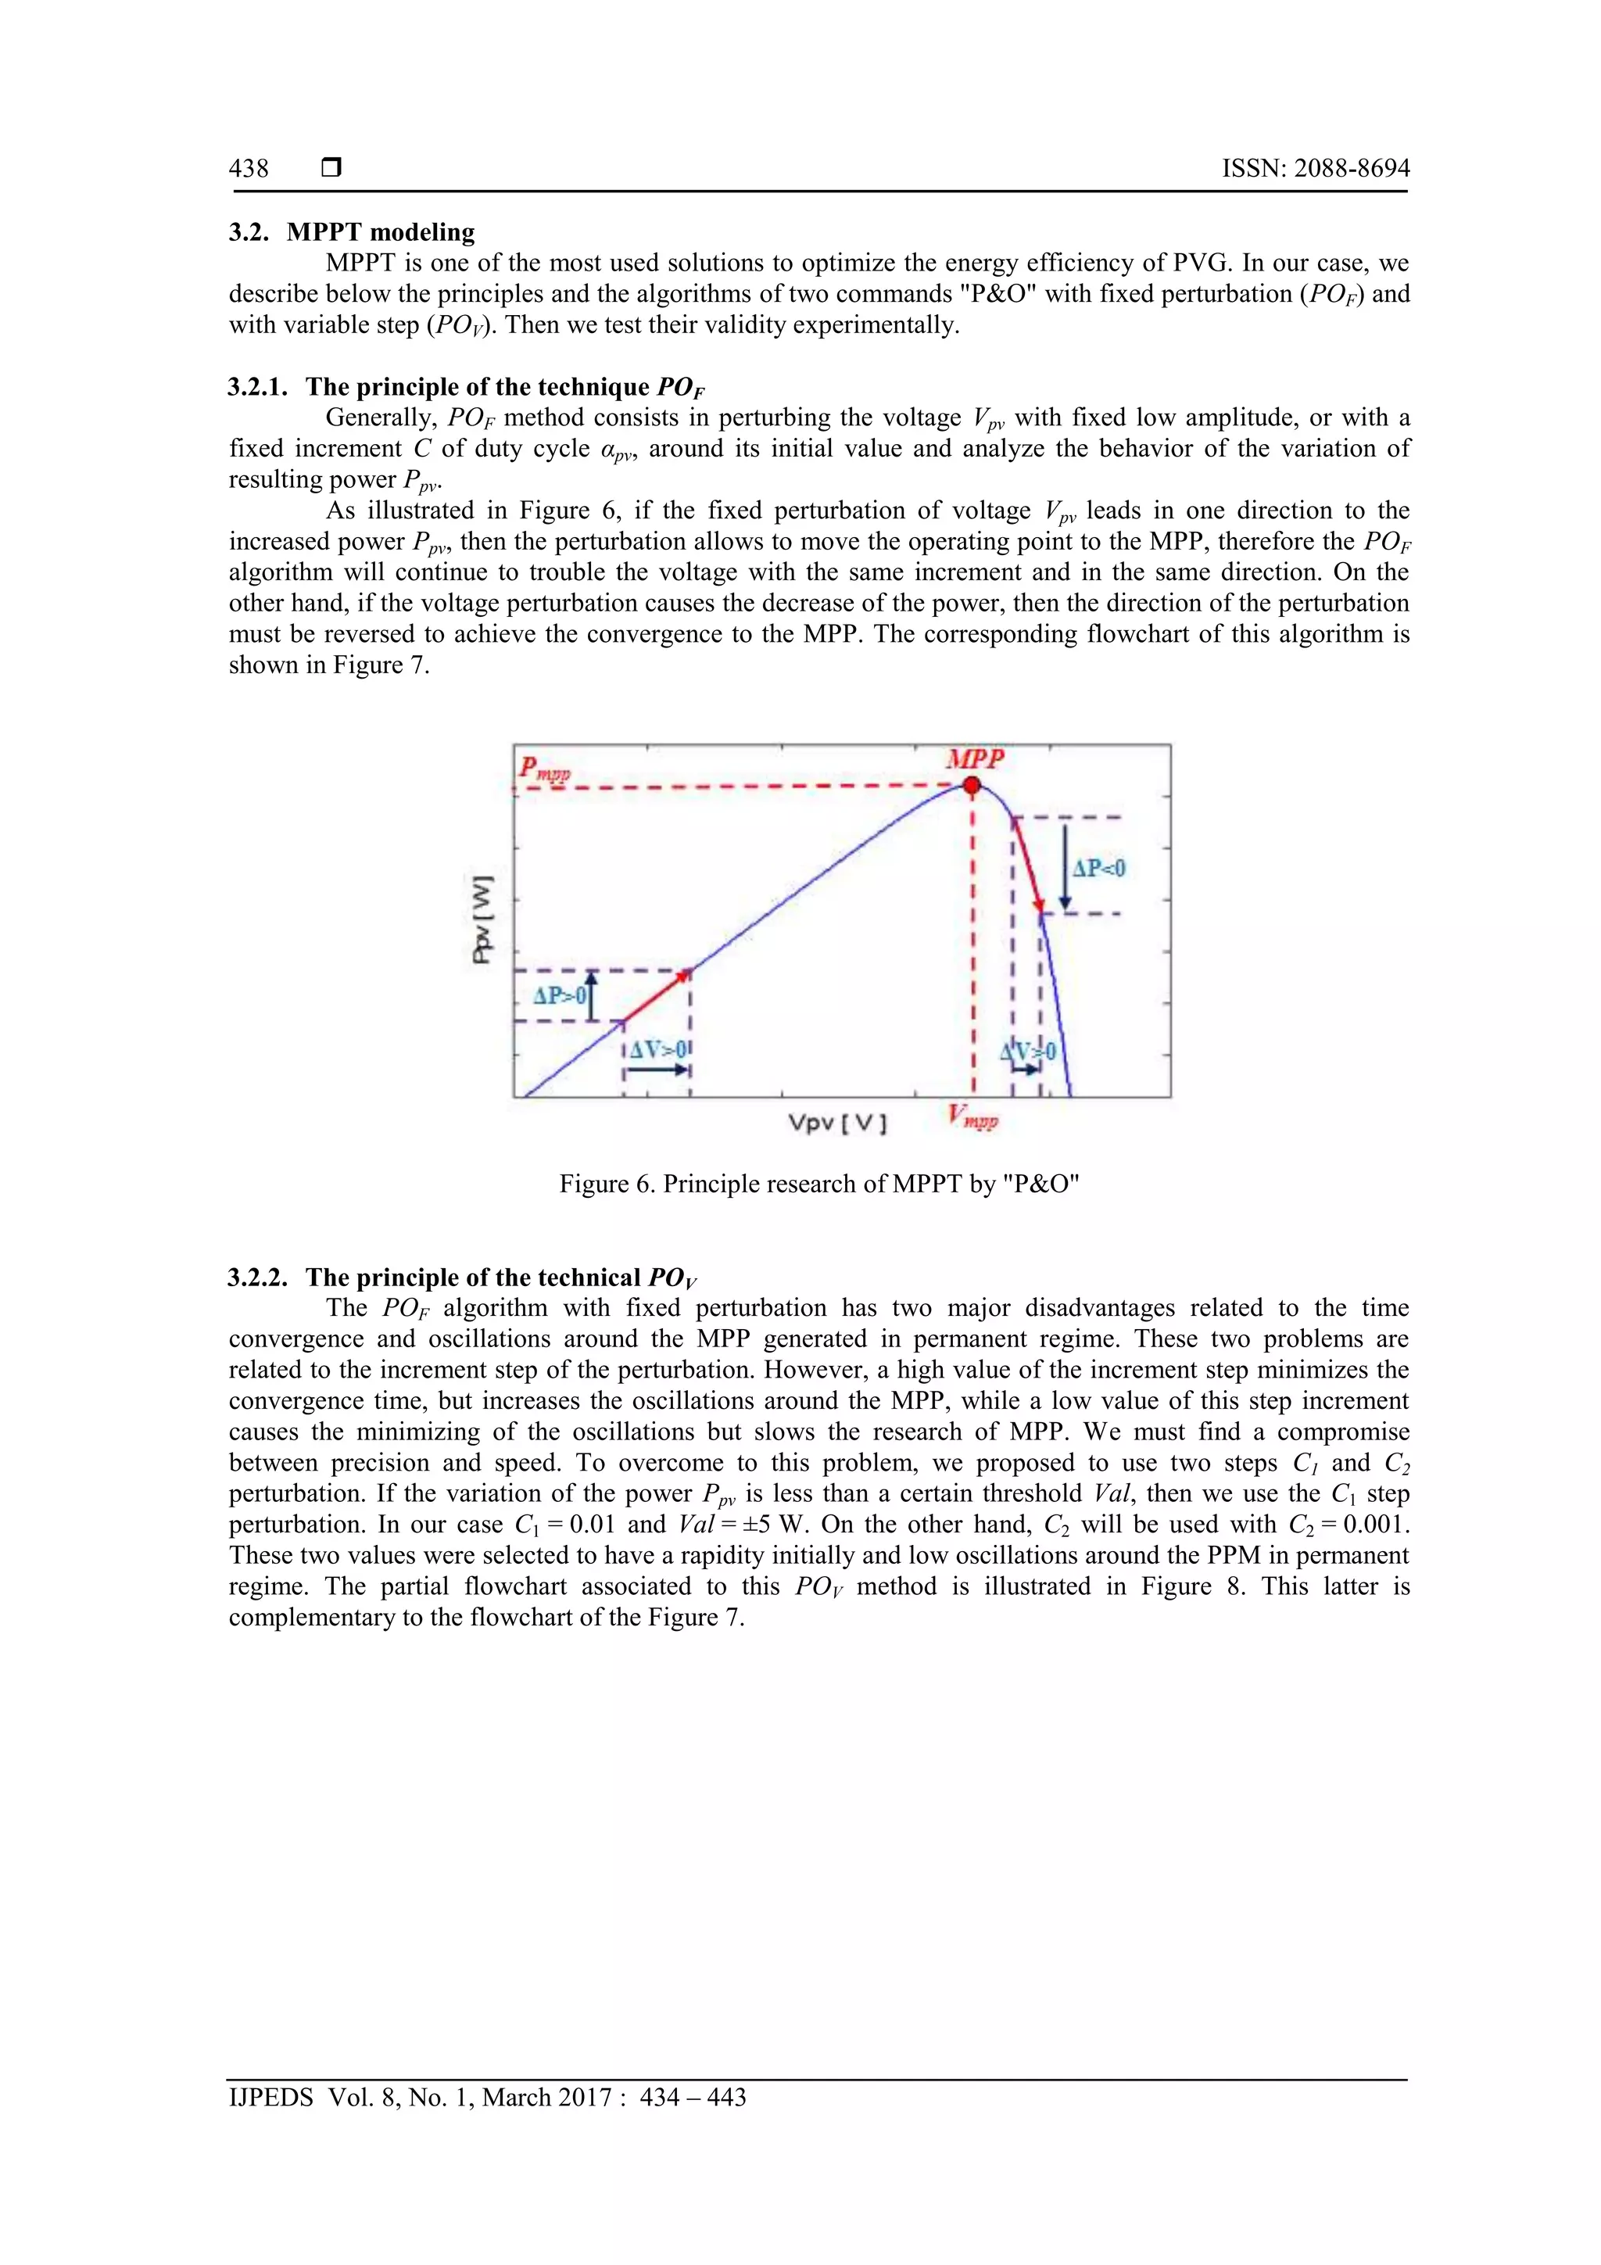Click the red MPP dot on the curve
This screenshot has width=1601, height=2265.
972,787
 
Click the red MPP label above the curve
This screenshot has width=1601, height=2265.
975,760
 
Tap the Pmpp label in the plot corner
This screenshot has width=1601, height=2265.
545,769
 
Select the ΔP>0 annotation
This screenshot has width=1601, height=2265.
559,995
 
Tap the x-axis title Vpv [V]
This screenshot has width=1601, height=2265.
836,1123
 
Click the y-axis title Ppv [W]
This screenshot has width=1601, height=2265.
482,919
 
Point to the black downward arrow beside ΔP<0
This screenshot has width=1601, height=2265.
1066,867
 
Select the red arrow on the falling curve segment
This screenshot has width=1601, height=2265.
1028,864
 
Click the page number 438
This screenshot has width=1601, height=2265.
249,169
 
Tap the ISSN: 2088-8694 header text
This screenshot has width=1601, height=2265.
1315,169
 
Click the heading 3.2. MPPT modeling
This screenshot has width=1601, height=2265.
352,233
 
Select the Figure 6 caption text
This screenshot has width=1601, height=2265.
818,1184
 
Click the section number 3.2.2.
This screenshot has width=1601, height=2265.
259,1278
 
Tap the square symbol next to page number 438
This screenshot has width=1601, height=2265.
331,169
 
